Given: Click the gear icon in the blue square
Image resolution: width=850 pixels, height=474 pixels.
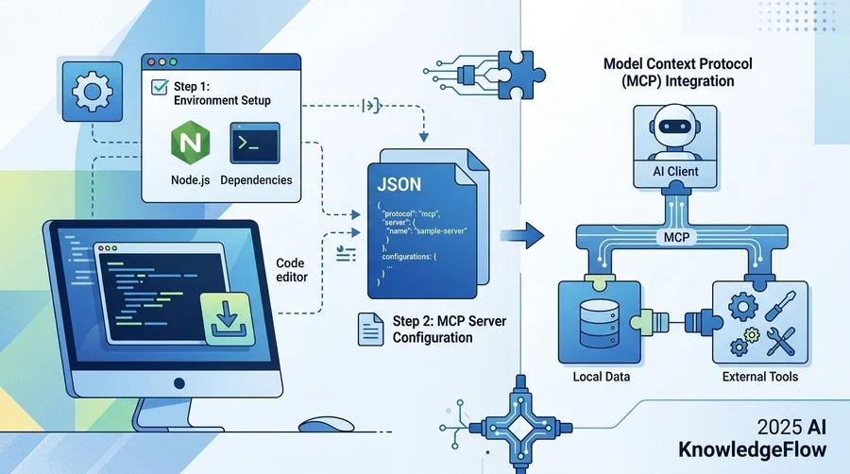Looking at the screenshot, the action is coord(93,91).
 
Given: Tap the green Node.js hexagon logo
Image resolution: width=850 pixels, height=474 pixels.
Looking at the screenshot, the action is coord(190,142).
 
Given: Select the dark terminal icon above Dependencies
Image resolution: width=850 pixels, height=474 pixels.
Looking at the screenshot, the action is coord(255,143).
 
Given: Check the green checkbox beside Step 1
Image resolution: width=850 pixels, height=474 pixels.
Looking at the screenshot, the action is coord(160,87).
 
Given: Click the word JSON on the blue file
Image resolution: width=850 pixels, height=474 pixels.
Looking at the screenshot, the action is coord(399,185).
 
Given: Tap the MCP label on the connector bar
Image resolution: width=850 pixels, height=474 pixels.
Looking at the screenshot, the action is coord(676,237).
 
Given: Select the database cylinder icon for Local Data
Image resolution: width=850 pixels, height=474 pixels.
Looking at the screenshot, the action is coord(599,324).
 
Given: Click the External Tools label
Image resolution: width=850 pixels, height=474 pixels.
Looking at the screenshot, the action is coord(760,377).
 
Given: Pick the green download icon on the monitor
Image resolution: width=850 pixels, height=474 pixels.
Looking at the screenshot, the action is coord(228,319).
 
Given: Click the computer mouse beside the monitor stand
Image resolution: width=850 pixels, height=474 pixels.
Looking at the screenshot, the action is coord(327,424).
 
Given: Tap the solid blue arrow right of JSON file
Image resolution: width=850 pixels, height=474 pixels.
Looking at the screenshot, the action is coord(522,235).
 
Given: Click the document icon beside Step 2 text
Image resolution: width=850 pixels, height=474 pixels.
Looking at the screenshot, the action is coord(371,329).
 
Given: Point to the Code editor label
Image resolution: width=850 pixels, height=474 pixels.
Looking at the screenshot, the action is coord(292,270).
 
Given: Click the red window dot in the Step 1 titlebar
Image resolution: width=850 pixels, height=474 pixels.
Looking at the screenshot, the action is coord(151,62).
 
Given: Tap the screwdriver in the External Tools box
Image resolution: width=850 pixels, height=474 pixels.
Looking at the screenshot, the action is coord(781,305).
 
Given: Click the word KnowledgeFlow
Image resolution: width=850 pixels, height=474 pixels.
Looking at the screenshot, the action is coord(753,449).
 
